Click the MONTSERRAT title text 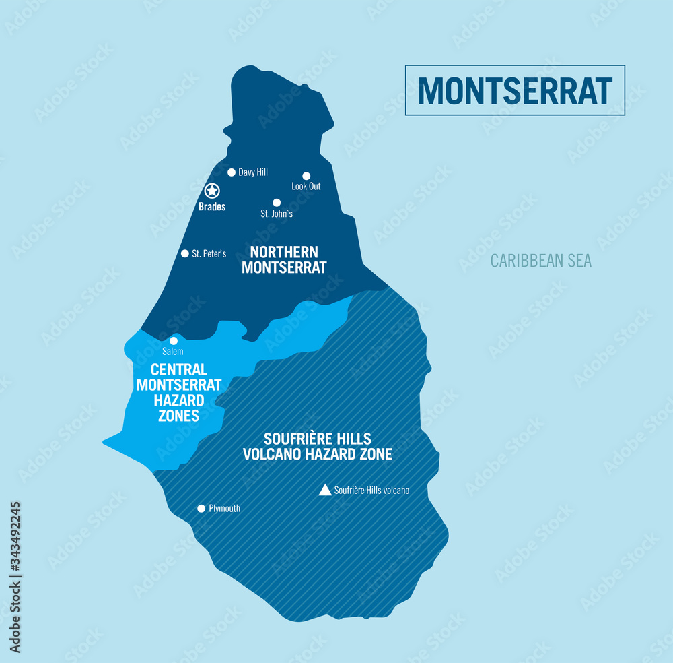515,90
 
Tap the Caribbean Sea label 540,261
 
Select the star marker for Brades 212,191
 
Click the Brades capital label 212,207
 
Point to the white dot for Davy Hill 232,172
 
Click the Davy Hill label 253,172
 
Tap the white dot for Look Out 306,176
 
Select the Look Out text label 306,186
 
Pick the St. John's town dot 277,202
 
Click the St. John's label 277,214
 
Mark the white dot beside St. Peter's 185,253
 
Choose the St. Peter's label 209,254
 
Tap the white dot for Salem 174,340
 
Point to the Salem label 173,351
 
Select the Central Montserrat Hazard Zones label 179,392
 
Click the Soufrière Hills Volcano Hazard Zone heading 318,446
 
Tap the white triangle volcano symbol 325,490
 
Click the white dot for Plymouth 201,509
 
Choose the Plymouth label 225,509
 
